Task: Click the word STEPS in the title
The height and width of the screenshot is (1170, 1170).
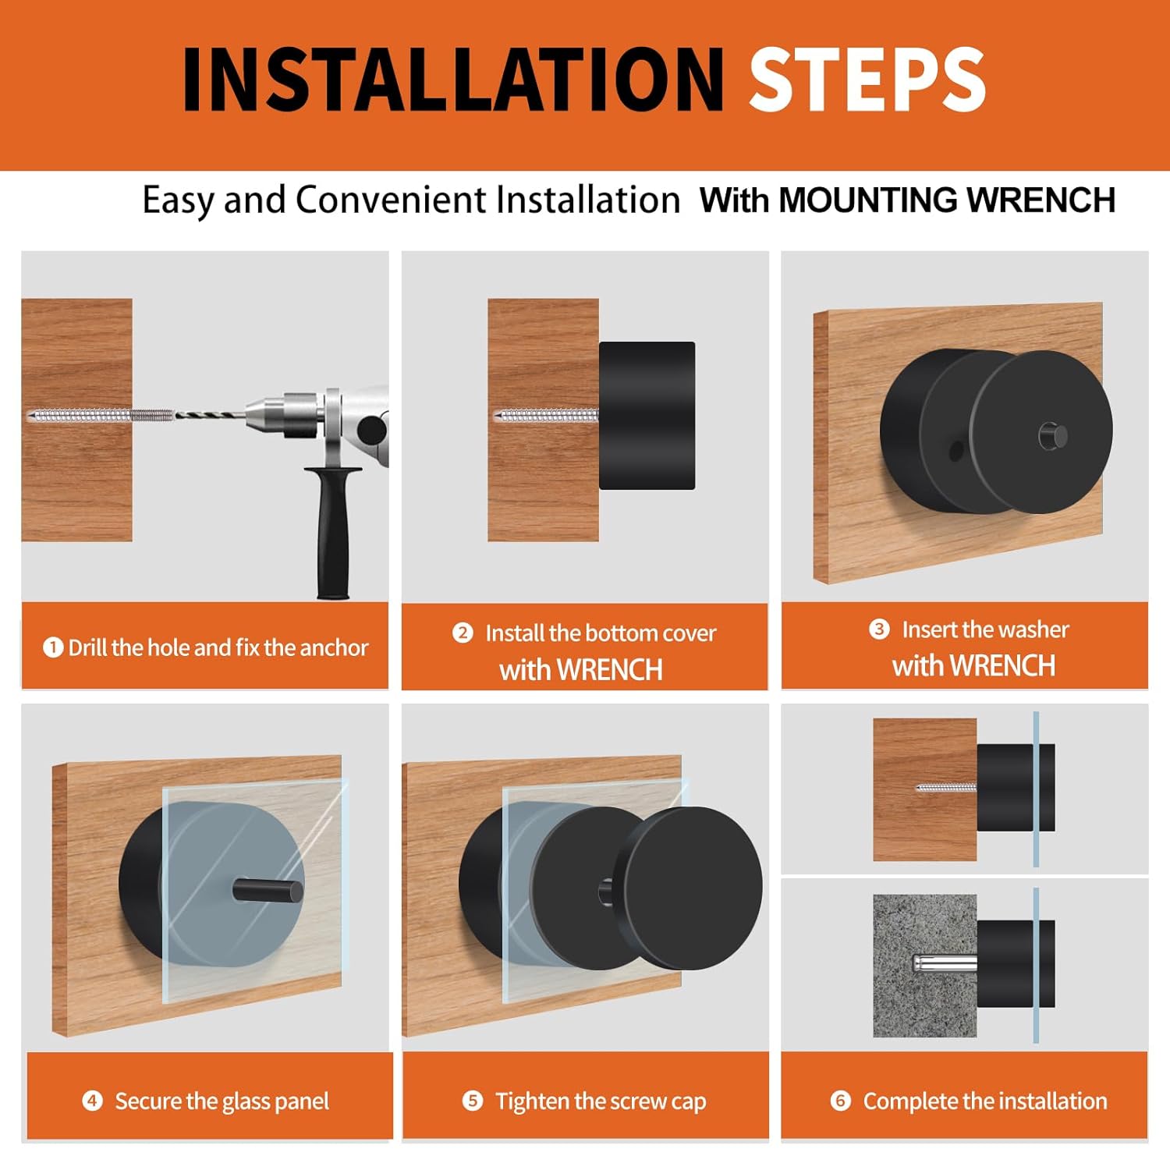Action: (867, 79)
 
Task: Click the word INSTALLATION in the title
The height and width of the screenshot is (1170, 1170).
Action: (453, 79)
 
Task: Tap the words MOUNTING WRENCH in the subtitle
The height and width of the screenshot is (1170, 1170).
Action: (947, 200)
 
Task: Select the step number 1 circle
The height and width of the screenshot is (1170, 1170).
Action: (53, 647)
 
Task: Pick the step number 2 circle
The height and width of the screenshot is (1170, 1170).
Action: (463, 633)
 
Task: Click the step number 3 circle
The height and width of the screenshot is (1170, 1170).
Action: (879, 629)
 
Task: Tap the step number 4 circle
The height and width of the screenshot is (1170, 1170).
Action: (92, 1101)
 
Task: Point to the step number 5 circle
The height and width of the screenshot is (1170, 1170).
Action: (473, 1101)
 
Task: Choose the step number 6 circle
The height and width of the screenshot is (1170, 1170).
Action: (840, 1101)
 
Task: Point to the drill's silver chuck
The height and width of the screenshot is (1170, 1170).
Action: (284, 414)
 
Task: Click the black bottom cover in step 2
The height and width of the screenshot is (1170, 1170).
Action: (647, 416)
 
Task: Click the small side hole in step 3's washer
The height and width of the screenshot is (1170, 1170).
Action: (955, 451)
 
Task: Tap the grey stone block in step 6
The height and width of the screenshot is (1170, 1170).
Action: (924, 966)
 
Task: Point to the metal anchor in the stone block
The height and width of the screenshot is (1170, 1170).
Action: (944, 964)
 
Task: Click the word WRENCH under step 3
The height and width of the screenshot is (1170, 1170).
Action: (1002, 666)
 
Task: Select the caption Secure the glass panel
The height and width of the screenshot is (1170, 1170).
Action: (222, 1101)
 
